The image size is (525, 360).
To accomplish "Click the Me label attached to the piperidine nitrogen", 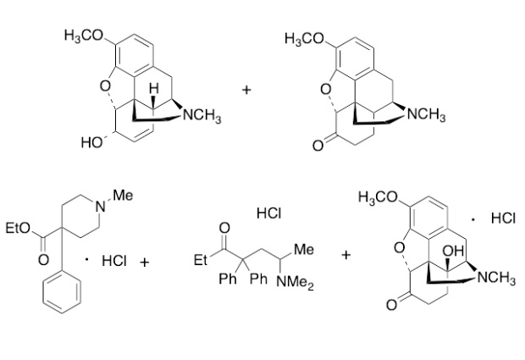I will (123, 197).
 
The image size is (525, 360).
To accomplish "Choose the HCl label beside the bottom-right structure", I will (502, 219).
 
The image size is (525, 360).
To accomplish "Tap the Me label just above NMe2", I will (304, 252).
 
